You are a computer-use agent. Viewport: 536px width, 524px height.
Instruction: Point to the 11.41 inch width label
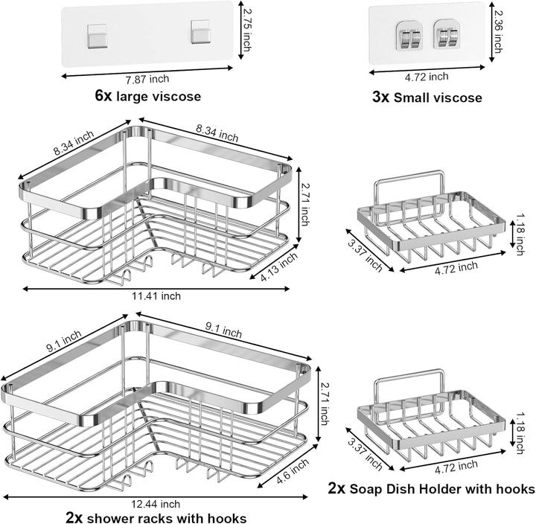156,296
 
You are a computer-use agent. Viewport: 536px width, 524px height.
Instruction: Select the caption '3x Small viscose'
427,97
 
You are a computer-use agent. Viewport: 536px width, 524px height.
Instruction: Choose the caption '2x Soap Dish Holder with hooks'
431,489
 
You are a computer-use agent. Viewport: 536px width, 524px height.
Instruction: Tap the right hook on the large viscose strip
197,33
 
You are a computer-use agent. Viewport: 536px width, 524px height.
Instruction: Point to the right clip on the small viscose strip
447,39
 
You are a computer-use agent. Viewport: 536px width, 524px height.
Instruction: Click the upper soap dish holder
424,216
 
